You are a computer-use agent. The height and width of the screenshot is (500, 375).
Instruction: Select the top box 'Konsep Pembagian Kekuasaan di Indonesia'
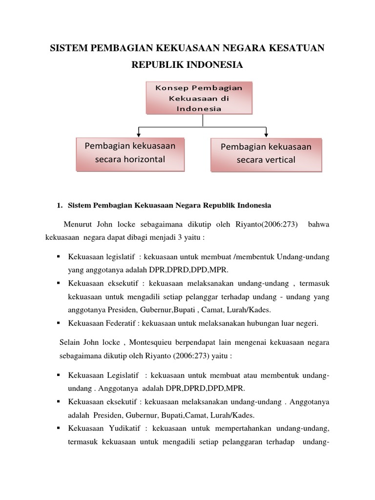click(199, 98)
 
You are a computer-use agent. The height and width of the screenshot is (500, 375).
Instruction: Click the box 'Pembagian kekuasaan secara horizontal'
click(130, 153)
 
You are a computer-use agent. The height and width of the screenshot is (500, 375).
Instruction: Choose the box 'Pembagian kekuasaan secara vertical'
click(266, 153)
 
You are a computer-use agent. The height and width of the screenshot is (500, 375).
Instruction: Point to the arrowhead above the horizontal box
click(140, 133)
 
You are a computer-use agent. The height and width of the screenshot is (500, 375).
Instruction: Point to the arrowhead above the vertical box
click(266, 133)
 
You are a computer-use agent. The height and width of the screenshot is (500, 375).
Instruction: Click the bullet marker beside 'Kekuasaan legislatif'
click(59, 256)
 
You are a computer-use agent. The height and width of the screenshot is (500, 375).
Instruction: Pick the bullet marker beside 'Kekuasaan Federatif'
click(59, 323)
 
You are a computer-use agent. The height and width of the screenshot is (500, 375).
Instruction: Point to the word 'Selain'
click(70, 343)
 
